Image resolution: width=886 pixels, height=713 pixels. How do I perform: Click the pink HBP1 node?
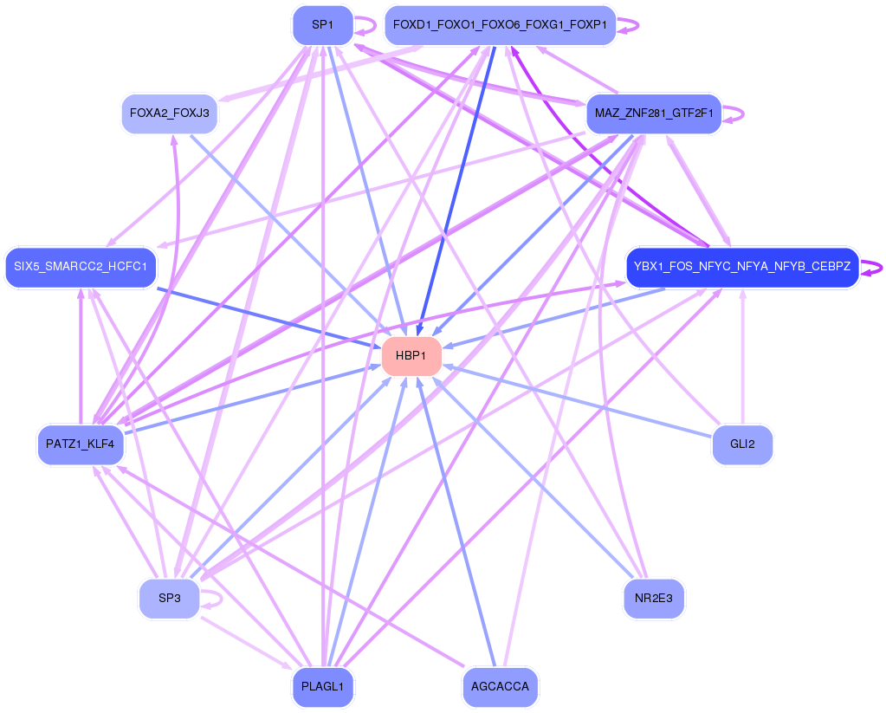click(411, 356)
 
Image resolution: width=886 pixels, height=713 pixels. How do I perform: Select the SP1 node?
click(323, 25)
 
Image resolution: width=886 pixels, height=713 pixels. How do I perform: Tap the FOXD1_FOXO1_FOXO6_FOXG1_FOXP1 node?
click(500, 25)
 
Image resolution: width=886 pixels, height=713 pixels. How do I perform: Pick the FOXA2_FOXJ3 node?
click(169, 113)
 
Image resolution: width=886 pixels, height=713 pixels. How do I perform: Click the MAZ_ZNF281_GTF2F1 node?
click(654, 113)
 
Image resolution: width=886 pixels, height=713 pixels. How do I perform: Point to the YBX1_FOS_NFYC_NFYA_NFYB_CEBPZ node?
click(742, 267)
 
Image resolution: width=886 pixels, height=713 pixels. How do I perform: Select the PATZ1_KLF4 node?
click(81, 444)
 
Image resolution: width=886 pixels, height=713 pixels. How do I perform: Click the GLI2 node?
click(742, 444)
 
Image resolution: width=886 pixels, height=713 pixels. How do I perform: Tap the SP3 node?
click(169, 599)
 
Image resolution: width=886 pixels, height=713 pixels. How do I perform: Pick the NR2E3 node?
click(654, 599)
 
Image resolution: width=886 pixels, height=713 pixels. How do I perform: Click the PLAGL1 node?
click(323, 687)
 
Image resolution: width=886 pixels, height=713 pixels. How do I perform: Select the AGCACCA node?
click(500, 687)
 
